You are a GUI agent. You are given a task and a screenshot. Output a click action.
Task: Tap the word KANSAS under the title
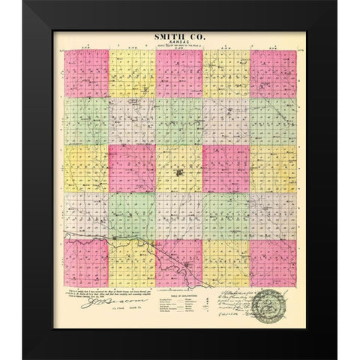pyautogui.click(x=179, y=41)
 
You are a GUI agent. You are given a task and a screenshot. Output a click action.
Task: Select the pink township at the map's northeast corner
pyautogui.click(x=272, y=73)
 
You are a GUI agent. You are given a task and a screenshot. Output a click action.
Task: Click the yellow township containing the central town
pyautogui.click(x=179, y=167)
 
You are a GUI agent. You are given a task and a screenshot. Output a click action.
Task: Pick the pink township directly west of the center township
pyautogui.click(x=132, y=167)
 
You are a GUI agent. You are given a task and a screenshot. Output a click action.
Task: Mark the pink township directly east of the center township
pyautogui.click(x=226, y=167)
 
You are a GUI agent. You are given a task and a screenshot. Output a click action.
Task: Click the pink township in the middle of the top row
pyautogui.click(x=179, y=73)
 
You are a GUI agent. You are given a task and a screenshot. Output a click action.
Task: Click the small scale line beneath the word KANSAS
pyautogui.click(x=179, y=48)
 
